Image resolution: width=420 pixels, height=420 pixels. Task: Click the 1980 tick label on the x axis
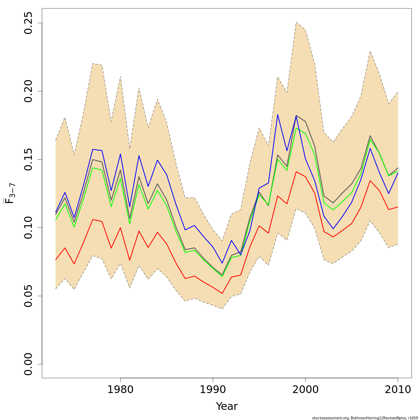point(120,390)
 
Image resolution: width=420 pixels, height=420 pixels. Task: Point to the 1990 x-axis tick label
point(213,390)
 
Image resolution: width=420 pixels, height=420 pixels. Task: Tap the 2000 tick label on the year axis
point(305,390)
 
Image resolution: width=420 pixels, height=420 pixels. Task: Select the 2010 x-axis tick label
point(398,390)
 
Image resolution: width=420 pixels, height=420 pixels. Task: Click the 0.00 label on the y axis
point(28,364)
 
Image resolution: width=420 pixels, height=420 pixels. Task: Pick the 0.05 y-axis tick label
point(28,296)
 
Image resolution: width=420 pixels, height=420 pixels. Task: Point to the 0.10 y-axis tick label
point(28,227)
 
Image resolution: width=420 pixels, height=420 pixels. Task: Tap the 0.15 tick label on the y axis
point(28,159)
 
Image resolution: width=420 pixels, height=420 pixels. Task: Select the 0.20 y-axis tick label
point(28,91)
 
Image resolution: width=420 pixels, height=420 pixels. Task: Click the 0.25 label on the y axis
point(28,23)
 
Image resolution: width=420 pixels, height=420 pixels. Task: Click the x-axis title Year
point(226,406)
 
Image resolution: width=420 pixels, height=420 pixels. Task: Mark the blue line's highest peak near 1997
point(278,114)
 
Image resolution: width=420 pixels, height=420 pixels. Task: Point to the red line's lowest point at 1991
point(222,293)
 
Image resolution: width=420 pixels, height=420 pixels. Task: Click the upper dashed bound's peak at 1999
point(296,22)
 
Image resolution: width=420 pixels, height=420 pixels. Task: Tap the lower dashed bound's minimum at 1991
point(222,309)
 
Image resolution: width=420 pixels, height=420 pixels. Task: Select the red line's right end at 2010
point(398,207)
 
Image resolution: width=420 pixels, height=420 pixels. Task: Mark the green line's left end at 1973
point(56,220)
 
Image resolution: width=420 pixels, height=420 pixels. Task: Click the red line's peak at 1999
point(296,171)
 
